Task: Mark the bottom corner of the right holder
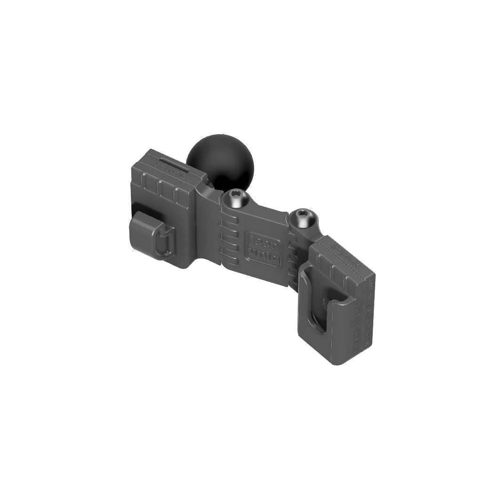pyautogui.click(x=335, y=363)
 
